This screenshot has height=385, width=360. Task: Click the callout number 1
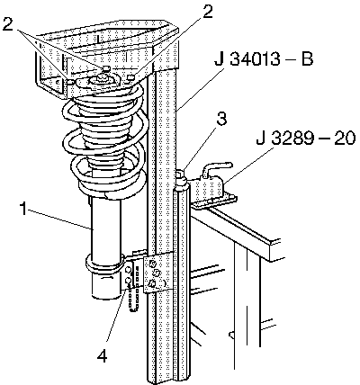[24, 209]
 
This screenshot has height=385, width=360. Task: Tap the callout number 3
[221, 119]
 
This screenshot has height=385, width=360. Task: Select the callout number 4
[102, 356]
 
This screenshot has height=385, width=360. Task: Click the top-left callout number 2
[8, 24]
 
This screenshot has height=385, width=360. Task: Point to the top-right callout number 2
[207, 11]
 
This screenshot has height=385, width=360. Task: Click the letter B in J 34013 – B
[307, 59]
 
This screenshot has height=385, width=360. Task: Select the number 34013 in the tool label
[255, 59]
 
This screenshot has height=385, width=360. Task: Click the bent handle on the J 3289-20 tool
[216, 169]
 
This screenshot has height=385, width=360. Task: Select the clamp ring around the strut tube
[105, 264]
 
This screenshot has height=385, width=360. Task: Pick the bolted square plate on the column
[158, 273]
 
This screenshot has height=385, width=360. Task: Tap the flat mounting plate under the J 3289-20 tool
[213, 201]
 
